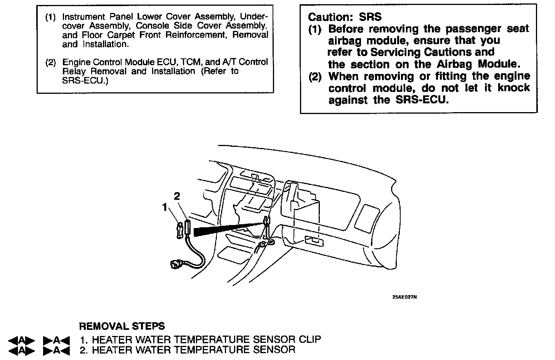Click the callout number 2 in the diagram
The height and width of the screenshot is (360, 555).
177,196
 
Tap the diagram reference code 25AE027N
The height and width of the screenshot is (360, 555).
404,297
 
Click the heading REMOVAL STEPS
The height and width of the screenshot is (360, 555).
122,326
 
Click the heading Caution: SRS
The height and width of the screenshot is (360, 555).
345,17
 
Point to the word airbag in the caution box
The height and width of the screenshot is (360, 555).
345,41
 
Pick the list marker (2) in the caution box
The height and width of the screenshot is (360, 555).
315,76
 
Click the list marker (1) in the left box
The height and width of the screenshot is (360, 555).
51,17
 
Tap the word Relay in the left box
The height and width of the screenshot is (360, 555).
75,71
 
